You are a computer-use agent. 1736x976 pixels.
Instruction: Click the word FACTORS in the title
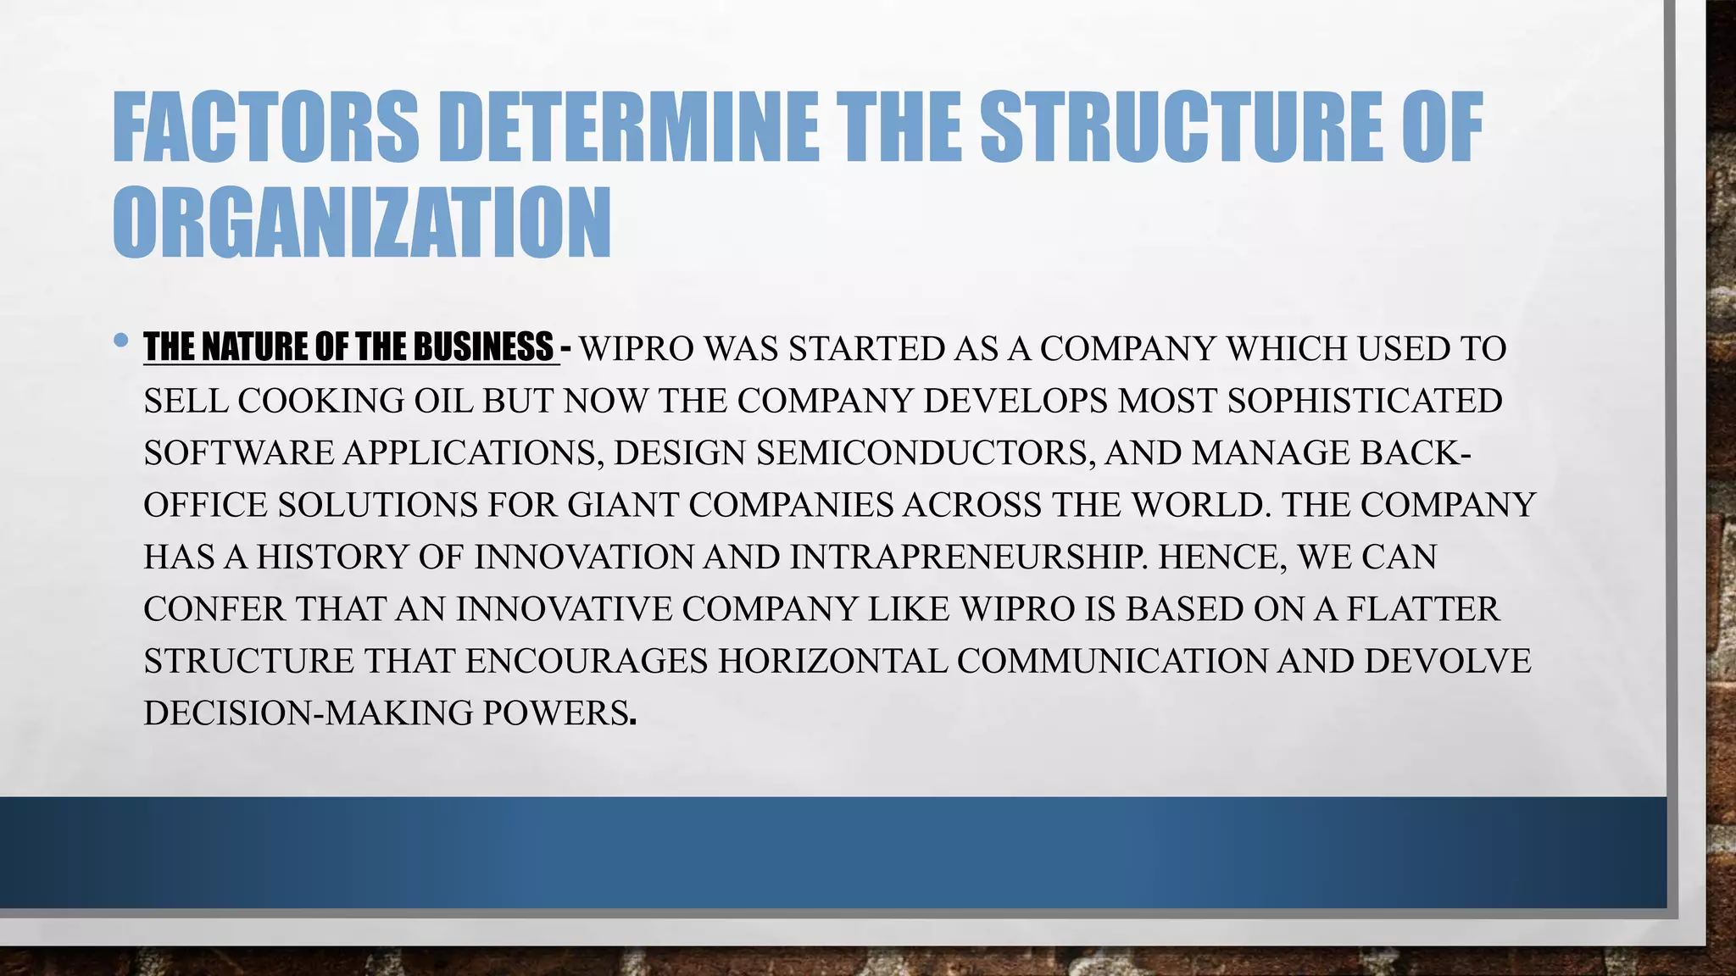[265, 127]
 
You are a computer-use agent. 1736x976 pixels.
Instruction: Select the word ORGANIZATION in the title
[362, 223]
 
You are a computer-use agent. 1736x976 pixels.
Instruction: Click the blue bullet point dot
[120, 341]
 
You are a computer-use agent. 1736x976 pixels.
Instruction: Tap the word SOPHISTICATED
[1365, 401]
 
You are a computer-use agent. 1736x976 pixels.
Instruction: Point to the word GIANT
[623, 505]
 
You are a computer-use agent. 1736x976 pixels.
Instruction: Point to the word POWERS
[556, 713]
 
